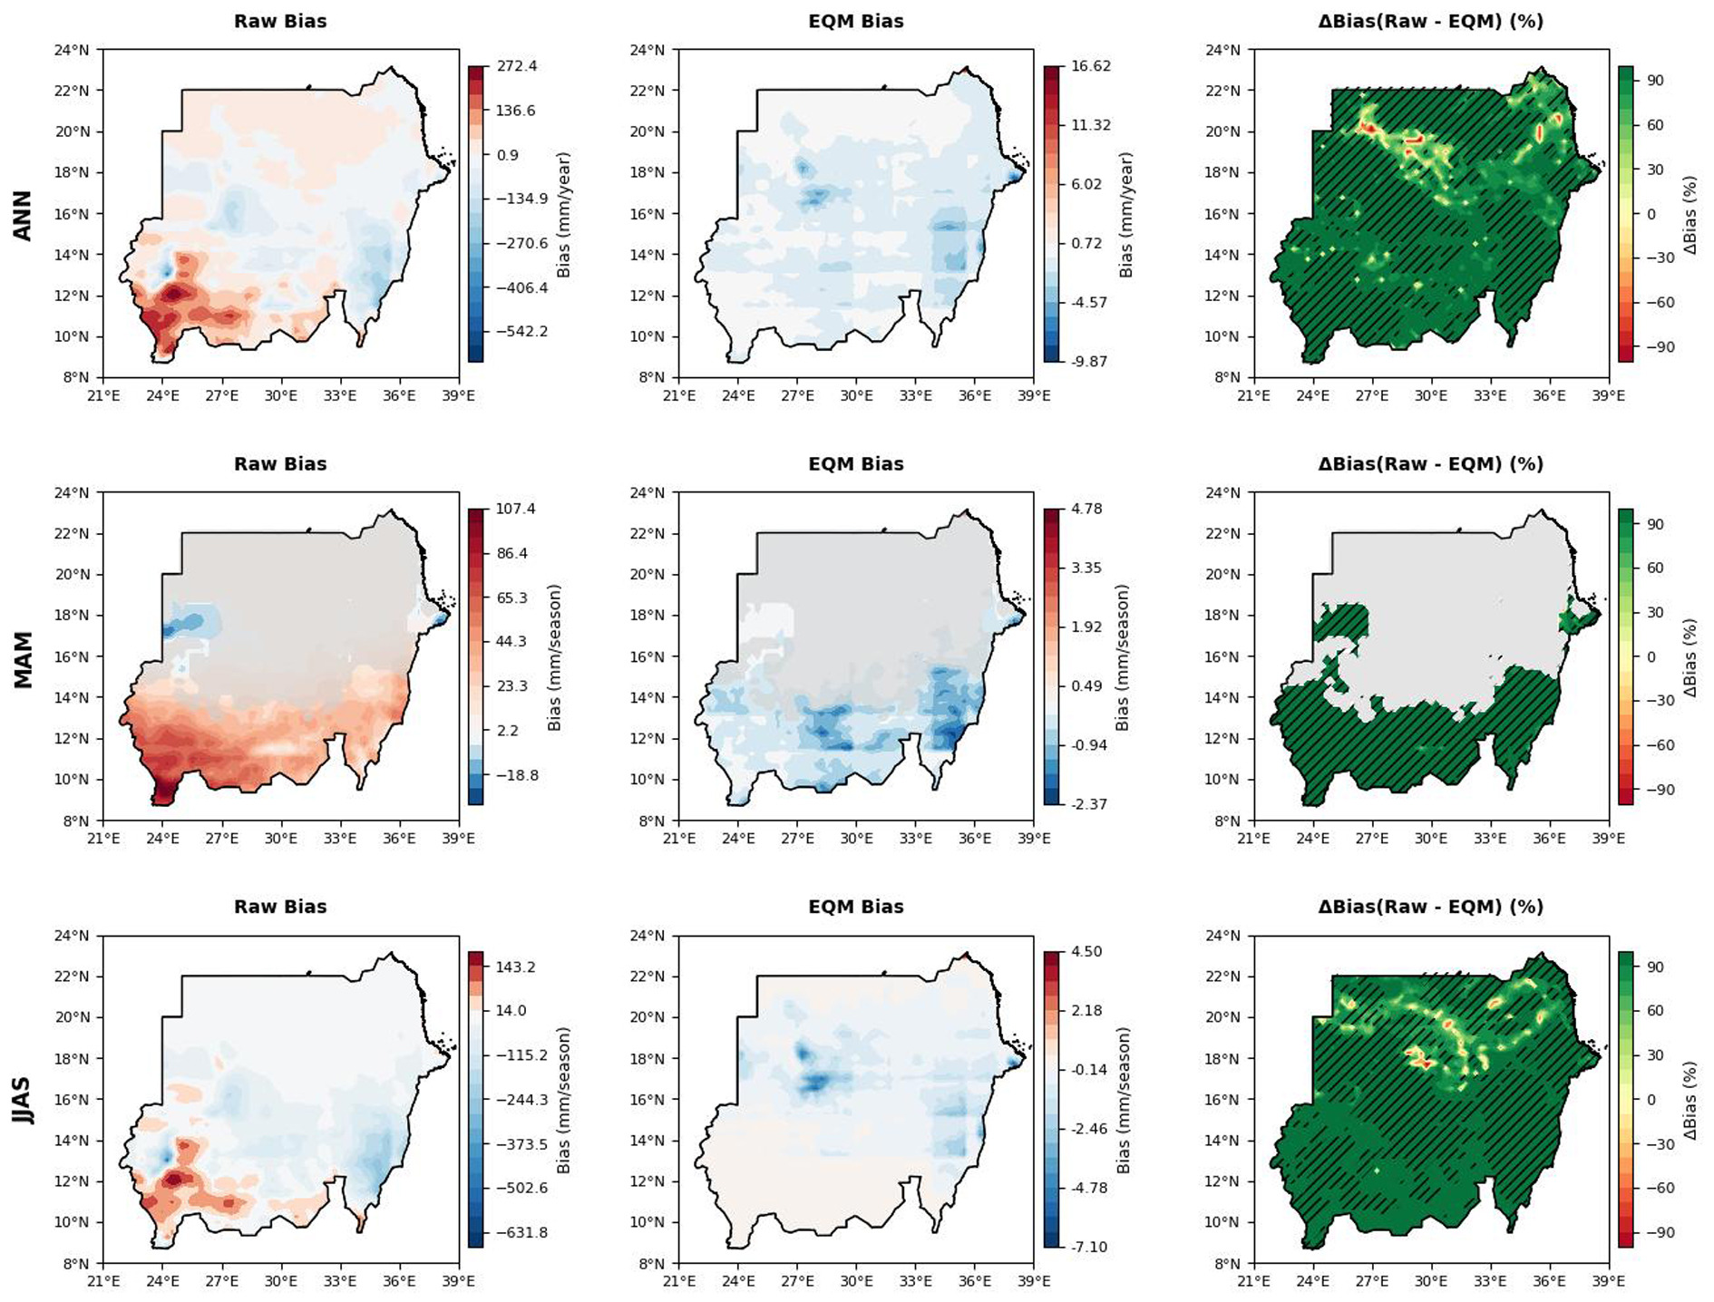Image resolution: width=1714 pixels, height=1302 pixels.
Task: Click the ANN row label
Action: pos(22,215)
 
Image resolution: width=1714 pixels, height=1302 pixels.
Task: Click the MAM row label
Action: pos(22,659)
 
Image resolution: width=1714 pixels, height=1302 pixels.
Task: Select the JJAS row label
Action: pos(22,1100)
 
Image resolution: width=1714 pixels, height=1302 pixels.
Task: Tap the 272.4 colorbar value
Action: pos(516,66)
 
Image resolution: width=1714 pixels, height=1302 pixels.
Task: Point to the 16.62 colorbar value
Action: pos(1090,66)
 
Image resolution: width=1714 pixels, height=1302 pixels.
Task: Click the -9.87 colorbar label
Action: pos(1090,361)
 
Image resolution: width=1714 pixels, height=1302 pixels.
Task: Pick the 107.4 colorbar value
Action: pos(516,509)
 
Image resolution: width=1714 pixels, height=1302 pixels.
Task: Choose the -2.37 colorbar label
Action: pos(1088,804)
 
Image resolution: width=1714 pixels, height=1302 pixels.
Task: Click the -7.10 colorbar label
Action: pos(1088,1247)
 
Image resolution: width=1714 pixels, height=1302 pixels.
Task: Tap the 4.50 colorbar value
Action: pos(1086,951)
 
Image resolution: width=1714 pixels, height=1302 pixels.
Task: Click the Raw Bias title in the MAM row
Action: pos(280,463)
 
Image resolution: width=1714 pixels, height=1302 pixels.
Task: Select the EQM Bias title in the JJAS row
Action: pos(855,907)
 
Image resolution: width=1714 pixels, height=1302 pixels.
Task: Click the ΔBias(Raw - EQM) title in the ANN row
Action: pos(1430,21)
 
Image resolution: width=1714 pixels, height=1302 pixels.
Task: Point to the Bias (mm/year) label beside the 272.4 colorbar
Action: pos(563,215)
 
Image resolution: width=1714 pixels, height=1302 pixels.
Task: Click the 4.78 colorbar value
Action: pos(1086,509)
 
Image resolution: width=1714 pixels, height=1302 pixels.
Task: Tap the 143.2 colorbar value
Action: pos(516,967)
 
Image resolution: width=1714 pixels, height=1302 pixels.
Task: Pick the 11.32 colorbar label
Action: pos(1090,125)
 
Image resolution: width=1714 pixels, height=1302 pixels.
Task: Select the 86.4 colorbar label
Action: pos(512,553)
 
